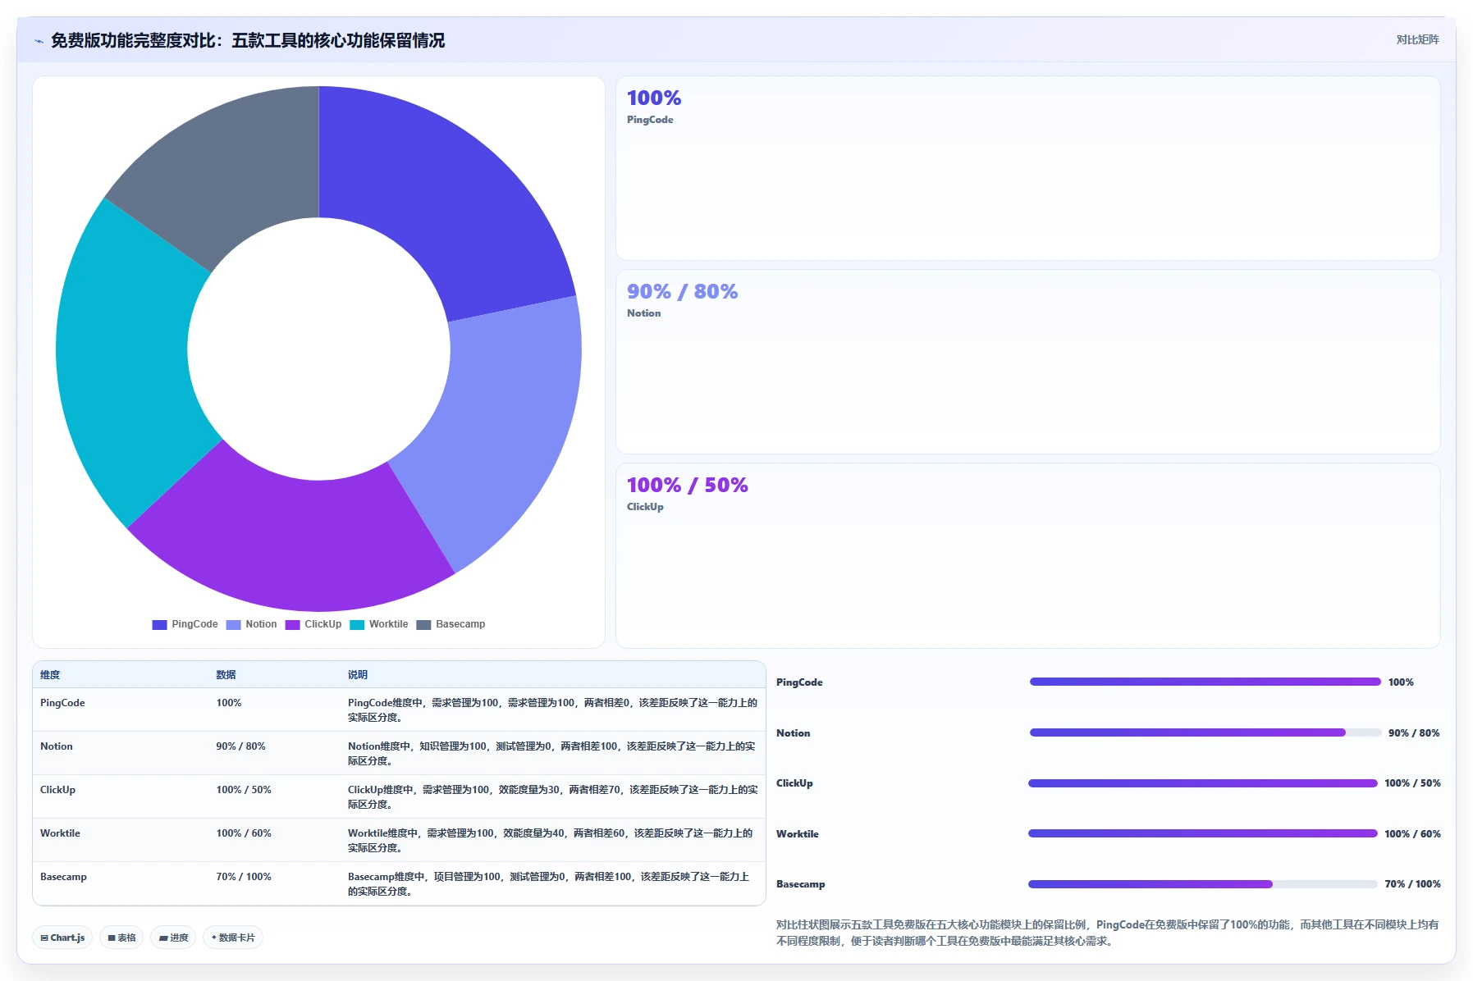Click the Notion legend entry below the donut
click(252, 624)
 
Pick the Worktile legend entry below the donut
click(379, 624)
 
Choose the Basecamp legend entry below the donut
click(451, 624)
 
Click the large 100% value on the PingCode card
click(654, 98)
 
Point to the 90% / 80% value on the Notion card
click(682, 291)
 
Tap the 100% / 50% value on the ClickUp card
click(688, 485)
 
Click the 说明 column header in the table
click(358, 675)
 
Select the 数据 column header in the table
click(226, 675)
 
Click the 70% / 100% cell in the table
click(244, 877)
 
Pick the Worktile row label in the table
click(60, 833)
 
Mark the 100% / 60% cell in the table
click(244, 833)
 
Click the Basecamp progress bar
click(1203, 884)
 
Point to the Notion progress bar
click(1205, 732)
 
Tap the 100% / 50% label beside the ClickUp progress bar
click(1412, 783)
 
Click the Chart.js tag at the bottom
click(62, 938)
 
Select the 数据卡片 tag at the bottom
click(233, 938)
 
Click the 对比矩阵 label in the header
click(1418, 39)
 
